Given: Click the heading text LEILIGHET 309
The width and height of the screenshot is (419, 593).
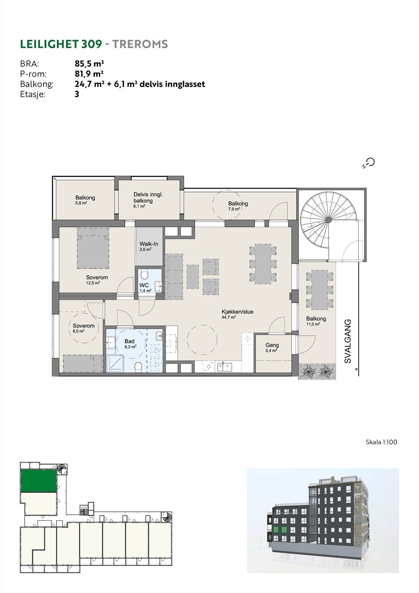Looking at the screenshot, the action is pyautogui.click(x=61, y=44).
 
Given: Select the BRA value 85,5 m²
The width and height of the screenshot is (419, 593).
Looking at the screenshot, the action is pyautogui.click(x=89, y=64).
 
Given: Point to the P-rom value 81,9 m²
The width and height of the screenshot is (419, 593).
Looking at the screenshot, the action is pyautogui.click(x=89, y=74).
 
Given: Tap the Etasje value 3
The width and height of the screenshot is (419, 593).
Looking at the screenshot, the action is pyautogui.click(x=77, y=94).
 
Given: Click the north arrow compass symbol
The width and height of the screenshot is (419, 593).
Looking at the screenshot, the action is pyautogui.click(x=369, y=163).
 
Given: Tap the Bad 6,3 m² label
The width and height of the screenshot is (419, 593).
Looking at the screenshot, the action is pyautogui.click(x=130, y=344).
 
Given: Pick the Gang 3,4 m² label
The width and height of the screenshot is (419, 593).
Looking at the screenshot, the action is pyautogui.click(x=272, y=347).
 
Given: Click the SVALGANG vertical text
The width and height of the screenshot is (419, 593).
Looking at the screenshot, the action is pyautogui.click(x=348, y=341).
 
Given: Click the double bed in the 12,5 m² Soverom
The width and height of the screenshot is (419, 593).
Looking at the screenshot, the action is pyautogui.click(x=93, y=248).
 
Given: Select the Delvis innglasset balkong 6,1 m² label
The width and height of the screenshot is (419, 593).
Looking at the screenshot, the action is pyautogui.click(x=148, y=200).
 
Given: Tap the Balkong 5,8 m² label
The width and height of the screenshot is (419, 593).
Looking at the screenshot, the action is pyautogui.click(x=85, y=200).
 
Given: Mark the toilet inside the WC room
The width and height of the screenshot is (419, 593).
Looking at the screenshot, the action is pyautogui.click(x=144, y=275).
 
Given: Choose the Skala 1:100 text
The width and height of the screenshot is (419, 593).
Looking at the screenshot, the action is pyautogui.click(x=382, y=442).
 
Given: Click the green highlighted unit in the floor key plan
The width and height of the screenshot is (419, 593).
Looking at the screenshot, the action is pyautogui.click(x=39, y=481).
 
